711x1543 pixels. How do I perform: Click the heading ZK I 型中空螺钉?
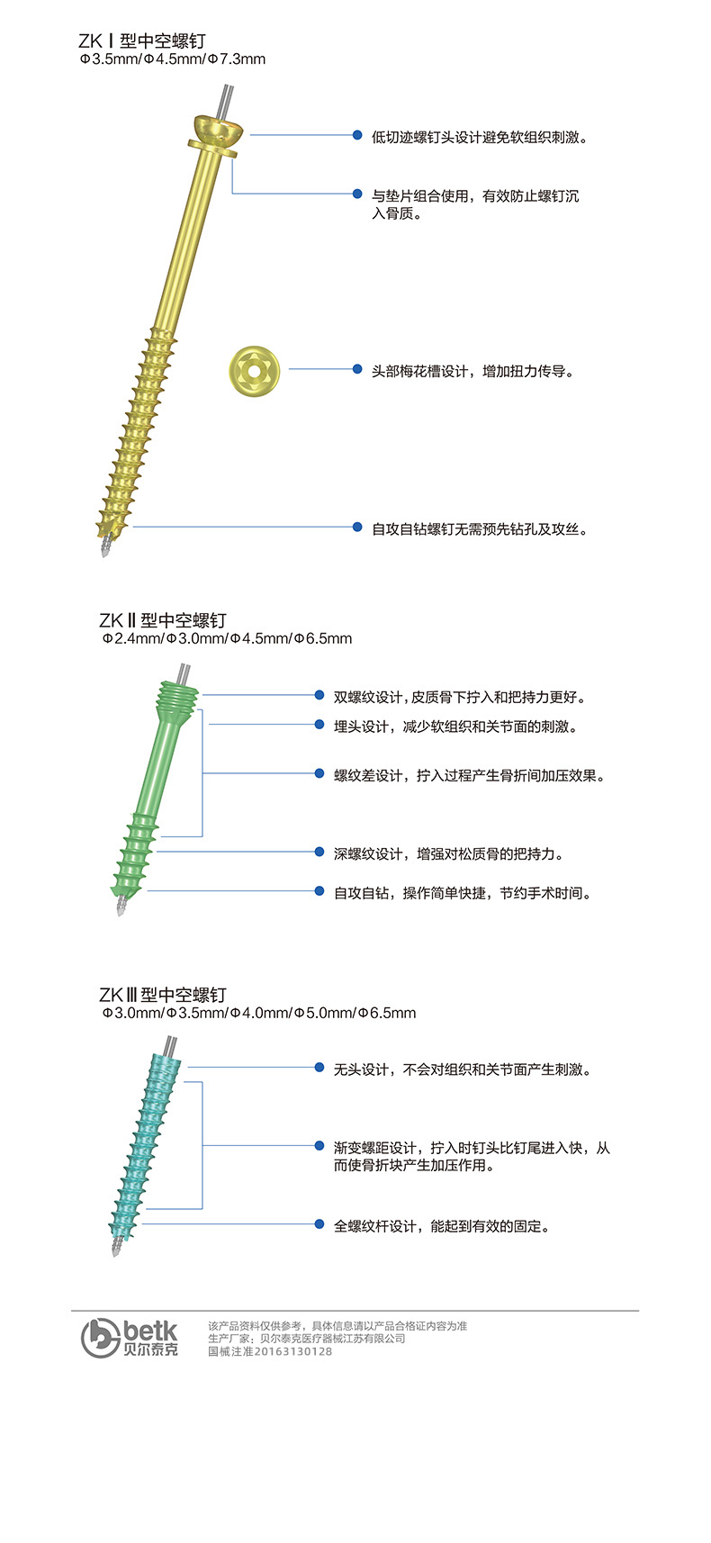pos(142,41)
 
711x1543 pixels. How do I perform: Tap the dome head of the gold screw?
pos(217,130)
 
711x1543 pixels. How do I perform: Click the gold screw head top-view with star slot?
pos(254,370)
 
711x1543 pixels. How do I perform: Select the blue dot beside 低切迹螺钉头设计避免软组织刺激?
pos(357,135)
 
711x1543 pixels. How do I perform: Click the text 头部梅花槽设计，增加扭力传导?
pos(472,371)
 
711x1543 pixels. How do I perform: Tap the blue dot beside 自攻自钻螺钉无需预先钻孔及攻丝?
pos(357,527)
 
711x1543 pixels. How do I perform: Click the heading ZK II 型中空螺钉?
pos(163,620)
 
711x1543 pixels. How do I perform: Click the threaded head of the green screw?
pos(178,697)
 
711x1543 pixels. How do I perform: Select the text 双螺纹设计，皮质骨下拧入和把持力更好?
pos(460,697)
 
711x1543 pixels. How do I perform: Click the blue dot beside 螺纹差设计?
pos(319,773)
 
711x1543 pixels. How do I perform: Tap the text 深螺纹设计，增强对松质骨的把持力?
pos(448,854)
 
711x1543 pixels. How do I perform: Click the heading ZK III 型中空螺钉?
pos(163,995)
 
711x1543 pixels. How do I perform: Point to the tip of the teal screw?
pos(115,1254)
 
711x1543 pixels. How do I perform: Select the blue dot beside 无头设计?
pos(319,1068)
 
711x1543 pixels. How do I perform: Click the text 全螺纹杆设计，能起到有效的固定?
pos(442,1226)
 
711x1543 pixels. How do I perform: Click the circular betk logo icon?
pos(101,1338)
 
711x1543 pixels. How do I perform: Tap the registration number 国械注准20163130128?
pos(270,1351)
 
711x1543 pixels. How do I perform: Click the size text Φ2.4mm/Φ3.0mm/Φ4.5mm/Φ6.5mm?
pos(227,638)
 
